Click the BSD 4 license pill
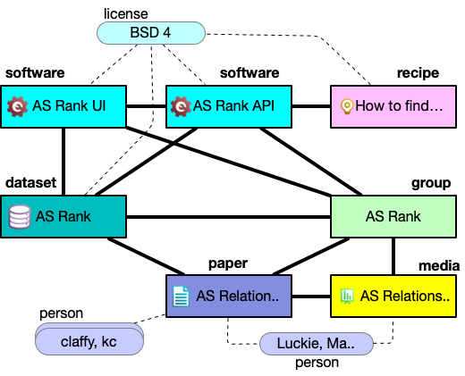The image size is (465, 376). tap(151, 33)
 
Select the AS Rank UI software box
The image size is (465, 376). tap(63, 106)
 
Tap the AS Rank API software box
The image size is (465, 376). tap(229, 106)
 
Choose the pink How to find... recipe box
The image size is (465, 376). tap(393, 106)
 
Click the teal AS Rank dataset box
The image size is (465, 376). tap(63, 216)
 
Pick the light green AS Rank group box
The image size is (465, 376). tap(393, 216)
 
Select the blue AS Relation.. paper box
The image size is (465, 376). tap(229, 297)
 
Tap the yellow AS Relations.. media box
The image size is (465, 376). tap(393, 297)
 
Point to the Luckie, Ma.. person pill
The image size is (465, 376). tap(317, 344)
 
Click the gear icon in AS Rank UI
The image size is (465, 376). tap(17, 106)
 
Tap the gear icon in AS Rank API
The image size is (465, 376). tap(181, 106)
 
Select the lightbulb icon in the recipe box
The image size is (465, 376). tap(347, 107)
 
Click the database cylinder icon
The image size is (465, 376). tap(20, 217)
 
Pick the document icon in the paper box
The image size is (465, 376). tap(181, 297)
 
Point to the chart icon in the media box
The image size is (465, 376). tap(347, 297)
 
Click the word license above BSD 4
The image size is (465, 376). tap(126, 14)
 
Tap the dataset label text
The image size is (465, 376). tap(30, 182)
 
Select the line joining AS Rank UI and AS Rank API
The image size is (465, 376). tap(146, 106)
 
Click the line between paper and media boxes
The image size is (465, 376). tap(311, 297)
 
